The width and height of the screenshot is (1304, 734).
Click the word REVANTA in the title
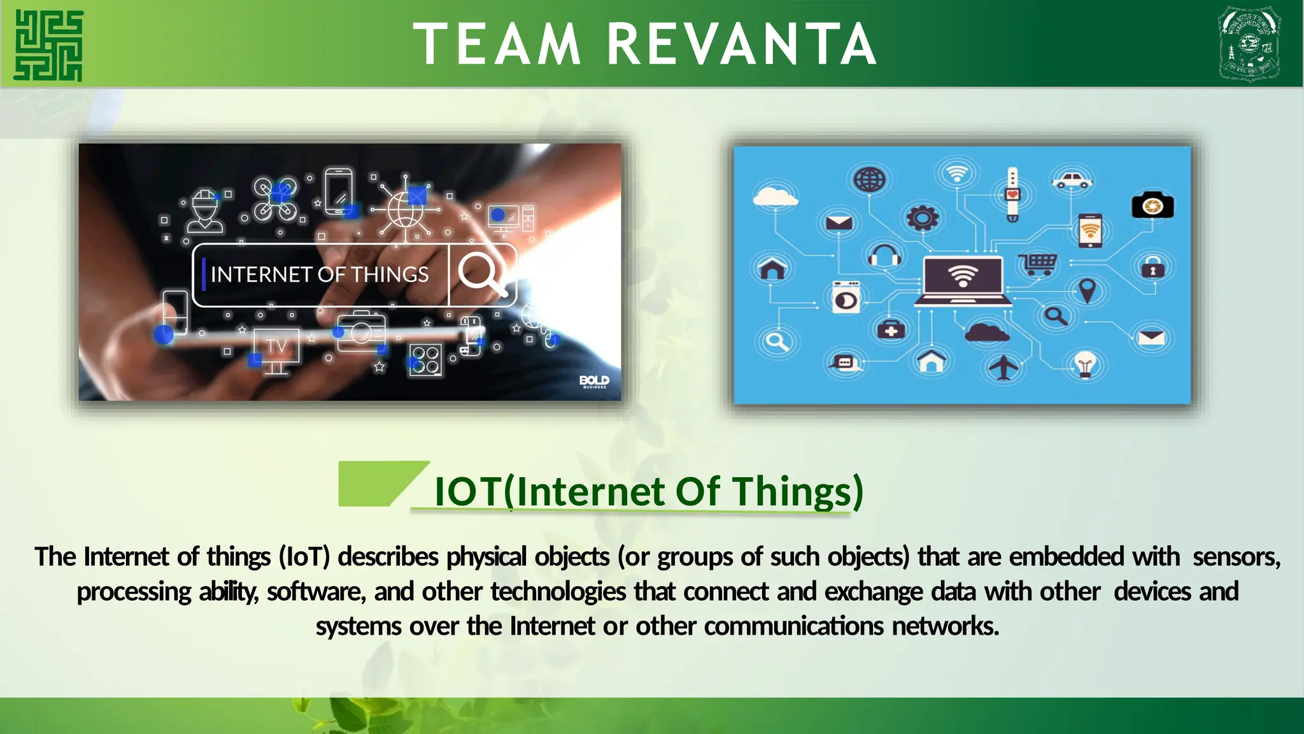[742, 45]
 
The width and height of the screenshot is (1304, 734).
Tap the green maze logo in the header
[48, 45]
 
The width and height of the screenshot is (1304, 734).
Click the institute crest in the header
[1249, 44]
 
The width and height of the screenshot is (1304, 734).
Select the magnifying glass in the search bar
[481, 273]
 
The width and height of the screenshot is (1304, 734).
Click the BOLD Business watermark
[594, 381]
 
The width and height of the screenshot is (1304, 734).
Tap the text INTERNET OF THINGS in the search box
[320, 275]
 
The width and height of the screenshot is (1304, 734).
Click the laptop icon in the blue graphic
[963, 281]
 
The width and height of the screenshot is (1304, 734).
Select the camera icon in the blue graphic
[1152, 206]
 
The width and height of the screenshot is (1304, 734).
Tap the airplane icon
[1003, 367]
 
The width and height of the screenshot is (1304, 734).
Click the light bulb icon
[1085, 365]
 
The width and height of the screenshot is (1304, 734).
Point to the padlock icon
[1153, 268]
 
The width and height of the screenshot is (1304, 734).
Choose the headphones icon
[884, 256]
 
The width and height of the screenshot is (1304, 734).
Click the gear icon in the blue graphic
[922, 219]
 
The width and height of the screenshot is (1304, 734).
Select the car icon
[1072, 181]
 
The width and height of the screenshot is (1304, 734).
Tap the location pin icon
[1088, 291]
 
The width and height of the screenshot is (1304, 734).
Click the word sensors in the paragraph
[1235, 557]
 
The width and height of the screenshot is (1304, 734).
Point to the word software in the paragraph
[316, 592]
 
